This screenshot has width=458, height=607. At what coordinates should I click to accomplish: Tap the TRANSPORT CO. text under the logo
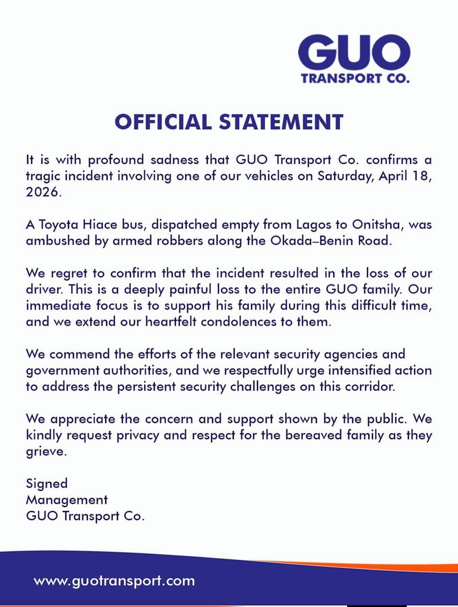pyautogui.click(x=355, y=79)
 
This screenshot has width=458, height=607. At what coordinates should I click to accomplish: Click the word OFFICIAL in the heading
pyautogui.click(x=163, y=122)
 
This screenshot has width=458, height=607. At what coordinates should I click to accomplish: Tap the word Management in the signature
pyautogui.click(x=67, y=500)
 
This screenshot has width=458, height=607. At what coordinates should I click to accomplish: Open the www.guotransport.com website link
pyautogui.click(x=114, y=581)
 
